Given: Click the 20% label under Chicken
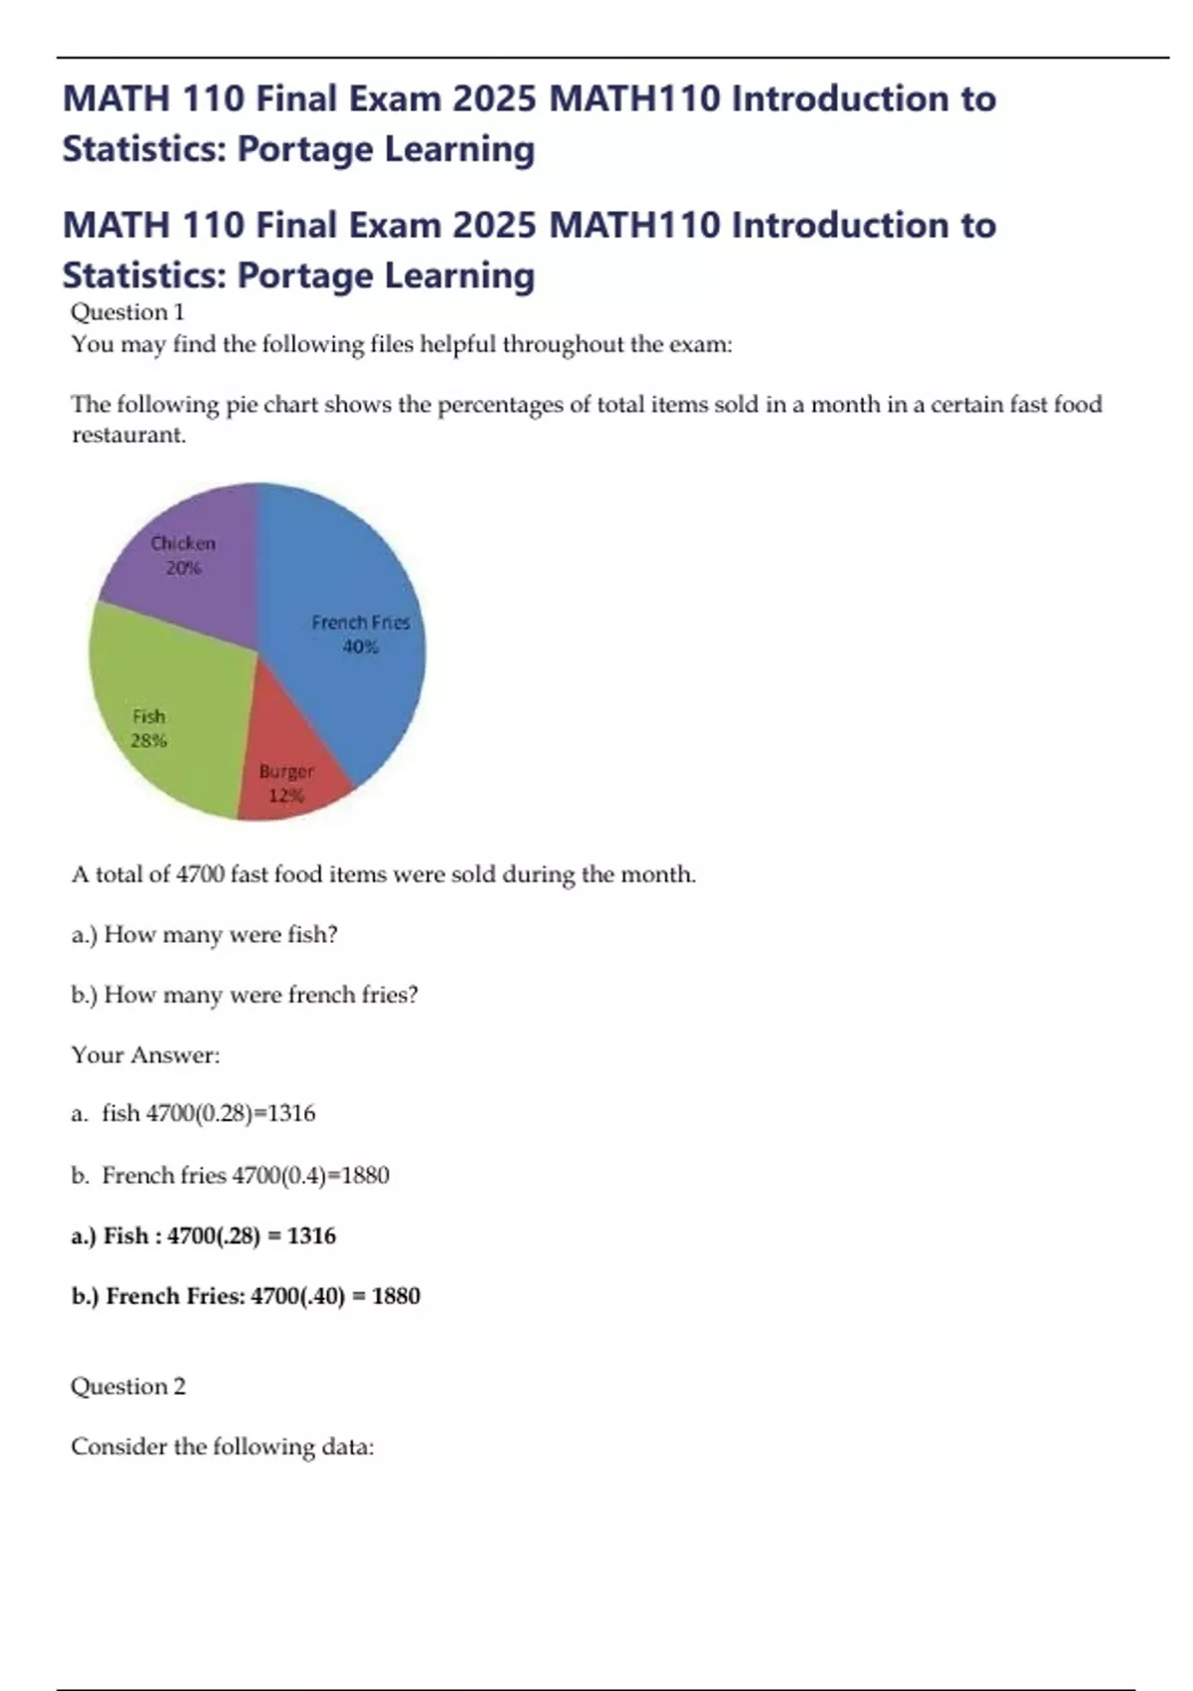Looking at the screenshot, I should tap(184, 568).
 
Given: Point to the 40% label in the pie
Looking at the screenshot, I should tap(360, 647).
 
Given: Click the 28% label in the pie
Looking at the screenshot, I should tap(149, 740).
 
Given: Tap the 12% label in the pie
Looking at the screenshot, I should tap(286, 796).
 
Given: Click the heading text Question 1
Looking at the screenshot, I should tap(127, 312).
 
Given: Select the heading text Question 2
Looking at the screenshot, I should tap(127, 1386).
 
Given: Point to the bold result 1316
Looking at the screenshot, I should tap(311, 1235).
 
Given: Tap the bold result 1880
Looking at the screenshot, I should tap(396, 1295).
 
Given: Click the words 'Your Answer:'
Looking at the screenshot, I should tap(145, 1054).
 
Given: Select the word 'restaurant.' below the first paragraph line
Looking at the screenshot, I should tap(128, 435).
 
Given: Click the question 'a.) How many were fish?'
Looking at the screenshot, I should tap(204, 935).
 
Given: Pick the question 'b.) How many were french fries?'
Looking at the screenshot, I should tap(245, 995).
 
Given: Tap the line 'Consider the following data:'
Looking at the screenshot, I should tap(222, 1446).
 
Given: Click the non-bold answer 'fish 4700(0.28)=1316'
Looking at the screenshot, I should tap(208, 1113).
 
